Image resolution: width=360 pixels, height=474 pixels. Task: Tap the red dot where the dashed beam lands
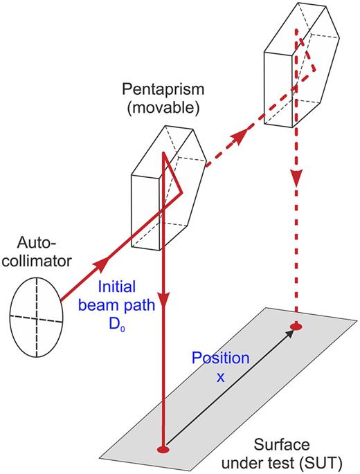tap(296, 326)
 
